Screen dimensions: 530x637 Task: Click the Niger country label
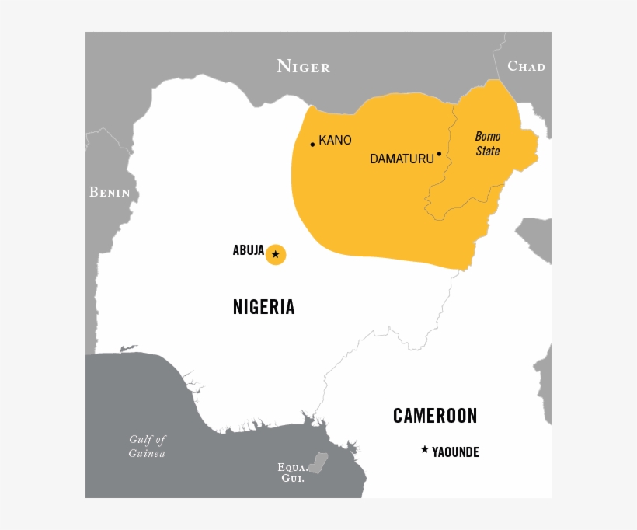point(303,67)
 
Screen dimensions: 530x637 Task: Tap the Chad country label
point(526,66)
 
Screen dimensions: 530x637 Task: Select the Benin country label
point(110,192)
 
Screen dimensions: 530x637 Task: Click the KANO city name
point(335,141)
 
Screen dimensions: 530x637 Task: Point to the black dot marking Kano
point(312,144)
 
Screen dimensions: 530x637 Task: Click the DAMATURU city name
point(401,159)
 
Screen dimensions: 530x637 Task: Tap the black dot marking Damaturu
point(439,154)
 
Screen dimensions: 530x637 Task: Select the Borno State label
point(488,144)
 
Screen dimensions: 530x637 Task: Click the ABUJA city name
point(249,250)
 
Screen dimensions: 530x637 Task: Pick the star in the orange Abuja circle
point(276,254)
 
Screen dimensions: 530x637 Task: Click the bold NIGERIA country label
point(264,307)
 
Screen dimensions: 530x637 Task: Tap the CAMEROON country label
point(435,416)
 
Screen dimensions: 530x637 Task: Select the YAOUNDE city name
point(455,452)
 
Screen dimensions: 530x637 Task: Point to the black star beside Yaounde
point(424,449)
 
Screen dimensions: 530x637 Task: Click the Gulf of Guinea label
point(148,446)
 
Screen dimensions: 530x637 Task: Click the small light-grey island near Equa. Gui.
point(318,463)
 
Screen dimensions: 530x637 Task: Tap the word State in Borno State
point(488,152)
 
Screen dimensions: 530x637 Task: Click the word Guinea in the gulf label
point(148,453)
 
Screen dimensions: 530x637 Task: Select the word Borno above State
point(488,136)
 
